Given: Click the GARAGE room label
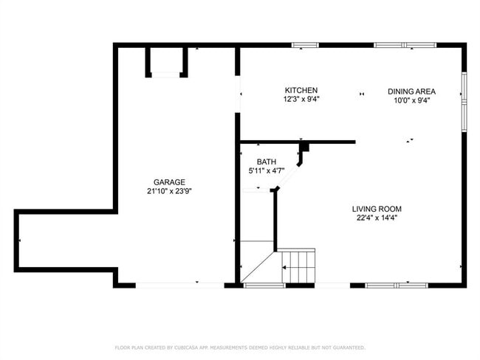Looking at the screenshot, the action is [169, 182].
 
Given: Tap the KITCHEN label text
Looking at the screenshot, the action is [301, 91].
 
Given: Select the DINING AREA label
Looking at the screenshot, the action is [412, 91].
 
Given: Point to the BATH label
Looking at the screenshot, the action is [267, 162].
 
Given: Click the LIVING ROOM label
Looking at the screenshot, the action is [377, 210].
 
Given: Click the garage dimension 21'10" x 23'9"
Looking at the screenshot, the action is [169, 192].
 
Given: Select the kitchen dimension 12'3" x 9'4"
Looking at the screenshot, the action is [301, 100].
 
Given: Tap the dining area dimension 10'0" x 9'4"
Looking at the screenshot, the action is [412, 100].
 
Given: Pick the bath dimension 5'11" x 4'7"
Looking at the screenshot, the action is [267, 170].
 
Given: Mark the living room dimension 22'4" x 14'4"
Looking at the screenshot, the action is [377, 218].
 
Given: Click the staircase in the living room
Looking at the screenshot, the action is [298, 266].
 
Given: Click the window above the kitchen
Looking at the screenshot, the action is [305, 45].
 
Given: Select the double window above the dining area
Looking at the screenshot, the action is [405, 45].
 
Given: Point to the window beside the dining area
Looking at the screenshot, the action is [464, 102].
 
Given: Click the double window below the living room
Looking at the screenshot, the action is [397, 285].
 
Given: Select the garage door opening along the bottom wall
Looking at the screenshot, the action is [180, 285].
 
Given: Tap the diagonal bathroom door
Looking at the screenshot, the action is [288, 176].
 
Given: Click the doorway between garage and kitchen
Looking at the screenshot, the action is [238, 94].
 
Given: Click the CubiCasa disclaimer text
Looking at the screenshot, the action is [240, 347].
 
